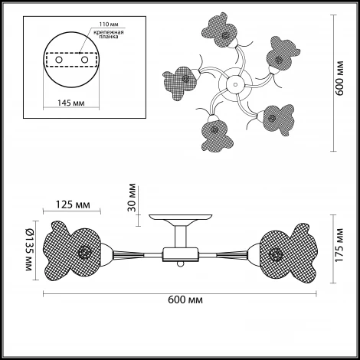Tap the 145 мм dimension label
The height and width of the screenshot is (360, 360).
(70, 103)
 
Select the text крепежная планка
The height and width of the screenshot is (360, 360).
(109, 34)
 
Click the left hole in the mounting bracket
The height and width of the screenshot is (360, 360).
(59, 60)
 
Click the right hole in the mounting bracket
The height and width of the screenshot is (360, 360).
(84, 60)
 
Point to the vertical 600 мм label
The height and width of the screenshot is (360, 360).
(339, 78)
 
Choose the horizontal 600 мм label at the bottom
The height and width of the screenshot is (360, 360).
(185, 299)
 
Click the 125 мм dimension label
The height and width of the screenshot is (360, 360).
(73, 205)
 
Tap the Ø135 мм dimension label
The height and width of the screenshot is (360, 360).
(29, 250)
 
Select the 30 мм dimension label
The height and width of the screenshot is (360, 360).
(132, 198)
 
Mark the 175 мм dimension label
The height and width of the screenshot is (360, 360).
(339, 245)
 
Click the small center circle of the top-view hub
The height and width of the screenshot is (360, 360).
(235, 83)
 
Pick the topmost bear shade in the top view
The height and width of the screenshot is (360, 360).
(220, 30)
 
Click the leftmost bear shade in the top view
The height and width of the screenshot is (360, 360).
(180, 82)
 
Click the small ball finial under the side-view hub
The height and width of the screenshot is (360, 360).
(181, 264)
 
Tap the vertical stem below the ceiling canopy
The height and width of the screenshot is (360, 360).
(181, 237)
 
